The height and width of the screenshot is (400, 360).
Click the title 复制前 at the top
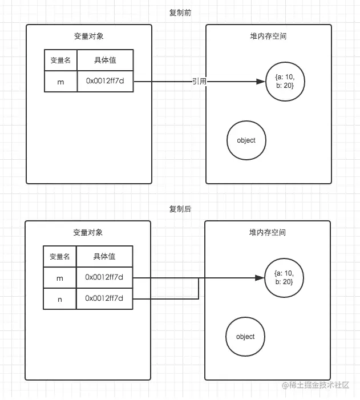180,13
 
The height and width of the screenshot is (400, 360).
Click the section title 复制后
180,209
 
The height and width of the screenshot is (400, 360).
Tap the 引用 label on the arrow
199,82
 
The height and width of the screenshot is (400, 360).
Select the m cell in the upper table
60,82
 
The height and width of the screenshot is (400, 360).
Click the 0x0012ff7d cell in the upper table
105,82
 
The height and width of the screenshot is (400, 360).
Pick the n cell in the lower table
60,299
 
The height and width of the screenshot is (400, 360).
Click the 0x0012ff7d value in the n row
104,298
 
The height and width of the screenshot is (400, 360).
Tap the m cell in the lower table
60,278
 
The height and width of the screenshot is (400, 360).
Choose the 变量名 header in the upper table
60,60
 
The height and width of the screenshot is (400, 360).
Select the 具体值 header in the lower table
104,256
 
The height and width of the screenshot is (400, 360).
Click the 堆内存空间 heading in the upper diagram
268,36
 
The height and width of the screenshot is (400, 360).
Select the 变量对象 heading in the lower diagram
88,232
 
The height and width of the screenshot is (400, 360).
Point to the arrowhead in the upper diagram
261,82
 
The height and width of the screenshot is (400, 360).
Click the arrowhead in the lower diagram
260,278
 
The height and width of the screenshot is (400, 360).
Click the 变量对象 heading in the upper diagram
89,36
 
